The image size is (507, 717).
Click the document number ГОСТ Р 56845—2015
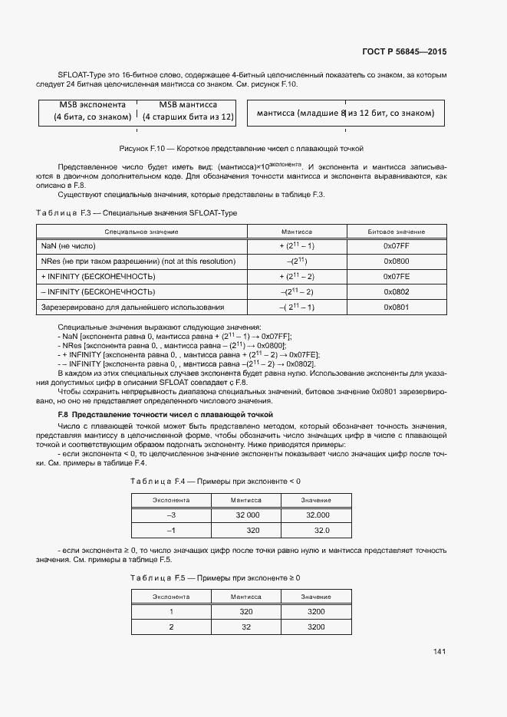(403, 51)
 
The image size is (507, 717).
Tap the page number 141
(439, 652)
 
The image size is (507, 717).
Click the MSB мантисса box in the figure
(187, 111)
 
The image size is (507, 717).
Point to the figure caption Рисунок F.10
(242, 148)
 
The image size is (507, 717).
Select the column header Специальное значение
(141, 232)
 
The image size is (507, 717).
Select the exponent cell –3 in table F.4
(171, 515)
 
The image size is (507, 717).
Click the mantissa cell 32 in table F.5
(247, 627)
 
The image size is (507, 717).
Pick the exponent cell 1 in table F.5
(171, 611)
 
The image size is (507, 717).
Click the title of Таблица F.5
(216, 577)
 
